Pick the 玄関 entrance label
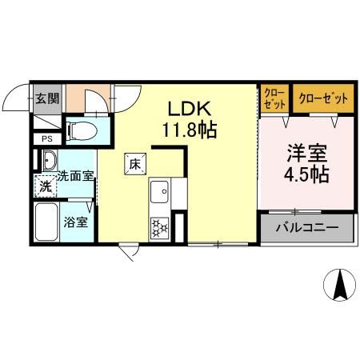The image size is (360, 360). pyautogui.click(x=46, y=98)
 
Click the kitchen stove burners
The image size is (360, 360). pyautogui.click(x=158, y=227)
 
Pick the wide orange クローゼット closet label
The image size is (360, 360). pyautogui.click(x=323, y=98)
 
